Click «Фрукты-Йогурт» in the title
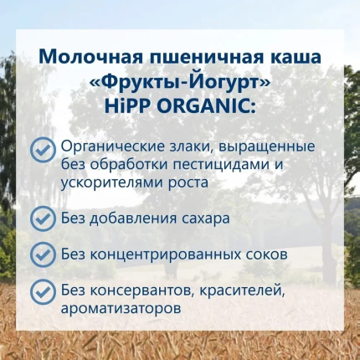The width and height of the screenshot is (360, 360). point(180,82)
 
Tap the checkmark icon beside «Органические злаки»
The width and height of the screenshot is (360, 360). point(42,150)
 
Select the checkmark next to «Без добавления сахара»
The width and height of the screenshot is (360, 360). point(42,219)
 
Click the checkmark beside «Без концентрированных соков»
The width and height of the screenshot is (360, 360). point(42,255)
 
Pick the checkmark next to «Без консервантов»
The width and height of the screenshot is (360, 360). point(42,291)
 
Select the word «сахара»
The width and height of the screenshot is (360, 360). point(206,219)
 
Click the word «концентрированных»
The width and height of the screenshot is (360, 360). point(165,255)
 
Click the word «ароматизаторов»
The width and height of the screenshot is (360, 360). point(121,309)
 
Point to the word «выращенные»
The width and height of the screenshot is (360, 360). point(267,147)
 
